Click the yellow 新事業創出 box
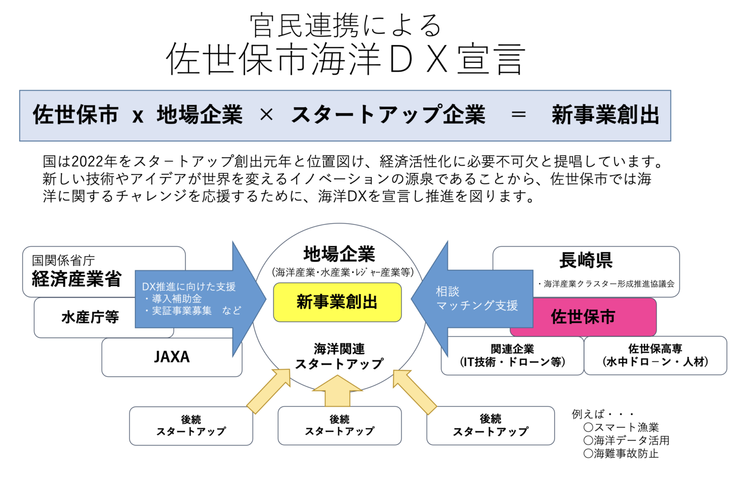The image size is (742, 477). [x=337, y=302]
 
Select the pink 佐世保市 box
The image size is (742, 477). [x=583, y=317]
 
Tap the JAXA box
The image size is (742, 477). [x=171, y=357]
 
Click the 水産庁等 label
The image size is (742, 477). [x=90, y=317]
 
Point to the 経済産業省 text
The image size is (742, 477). [x=76, y=280]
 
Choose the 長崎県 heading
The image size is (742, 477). [x=585, y=261]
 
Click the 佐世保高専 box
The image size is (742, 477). [x=655, y=356]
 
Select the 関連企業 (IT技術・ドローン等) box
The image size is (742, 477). [x=512, y=356]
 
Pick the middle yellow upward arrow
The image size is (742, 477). [x=337, y=391]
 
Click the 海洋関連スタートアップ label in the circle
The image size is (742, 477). [x=339, y=356]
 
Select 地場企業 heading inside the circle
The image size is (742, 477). [x=339, y=254]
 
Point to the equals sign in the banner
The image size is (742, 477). [x=518, y=115]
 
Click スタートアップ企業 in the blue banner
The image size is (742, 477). [x=388, y=115]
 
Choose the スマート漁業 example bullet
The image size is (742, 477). [x=621, y=427]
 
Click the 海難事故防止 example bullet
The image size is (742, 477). [x=621, y=453]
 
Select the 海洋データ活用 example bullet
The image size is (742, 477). [x=627, y=440]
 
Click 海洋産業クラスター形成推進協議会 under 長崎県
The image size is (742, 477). [x=608, y=284]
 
